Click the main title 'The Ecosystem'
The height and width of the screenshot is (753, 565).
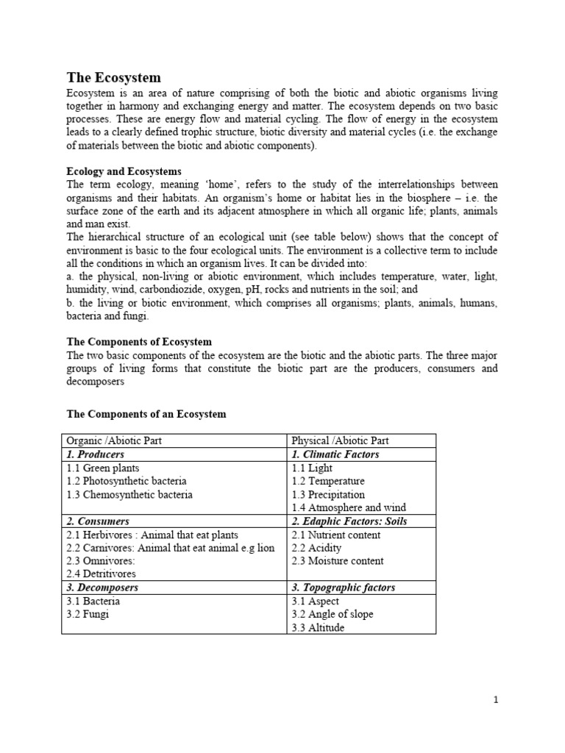113,77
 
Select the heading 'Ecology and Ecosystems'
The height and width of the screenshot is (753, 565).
124,171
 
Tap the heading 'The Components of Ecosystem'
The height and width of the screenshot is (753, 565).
139,342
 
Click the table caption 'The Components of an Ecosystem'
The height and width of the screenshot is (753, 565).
146,414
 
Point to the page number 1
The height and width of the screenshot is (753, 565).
496,700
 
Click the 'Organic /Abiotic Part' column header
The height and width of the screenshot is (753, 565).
114,441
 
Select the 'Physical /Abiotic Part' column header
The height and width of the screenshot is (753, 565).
341,441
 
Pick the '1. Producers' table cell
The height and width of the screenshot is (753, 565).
96,454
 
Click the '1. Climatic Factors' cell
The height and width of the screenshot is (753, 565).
335,454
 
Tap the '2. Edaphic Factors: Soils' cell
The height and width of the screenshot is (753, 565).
349,521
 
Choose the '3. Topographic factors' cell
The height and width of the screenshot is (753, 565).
344,588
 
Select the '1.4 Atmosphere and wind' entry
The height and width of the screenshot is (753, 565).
349,507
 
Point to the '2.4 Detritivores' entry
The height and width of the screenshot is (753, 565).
102,574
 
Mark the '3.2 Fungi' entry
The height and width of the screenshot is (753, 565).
88,614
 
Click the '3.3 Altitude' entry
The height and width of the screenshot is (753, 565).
318,627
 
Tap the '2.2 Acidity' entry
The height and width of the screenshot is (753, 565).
316,548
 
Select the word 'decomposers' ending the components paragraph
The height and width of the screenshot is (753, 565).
96,382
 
